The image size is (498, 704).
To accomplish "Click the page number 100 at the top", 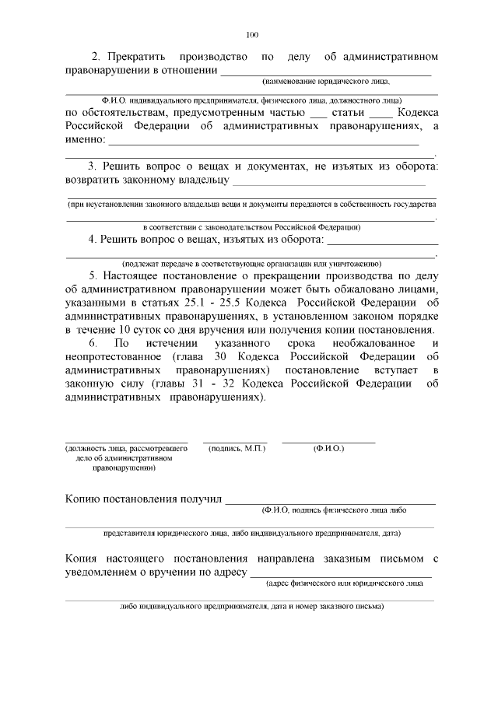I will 251,35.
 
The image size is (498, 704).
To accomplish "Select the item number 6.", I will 93,344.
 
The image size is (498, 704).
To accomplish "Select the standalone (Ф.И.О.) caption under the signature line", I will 328,449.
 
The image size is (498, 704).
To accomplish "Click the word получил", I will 202,498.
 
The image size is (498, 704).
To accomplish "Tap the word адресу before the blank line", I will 226,573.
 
